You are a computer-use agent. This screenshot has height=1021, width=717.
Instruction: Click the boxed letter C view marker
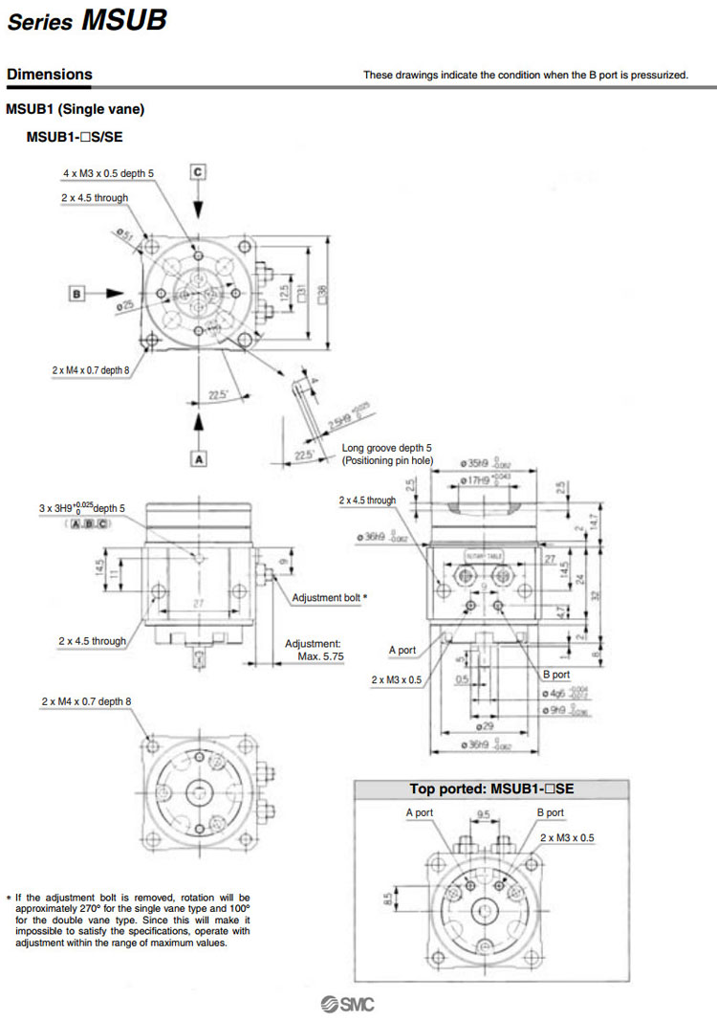(198, 172)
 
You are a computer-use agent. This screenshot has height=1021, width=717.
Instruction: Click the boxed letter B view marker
(76, 293)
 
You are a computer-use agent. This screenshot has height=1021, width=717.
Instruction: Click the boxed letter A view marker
(199, 458)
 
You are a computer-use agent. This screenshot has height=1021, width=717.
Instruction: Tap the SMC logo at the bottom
(348, 1004)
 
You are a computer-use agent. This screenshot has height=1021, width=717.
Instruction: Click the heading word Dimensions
(49, 74)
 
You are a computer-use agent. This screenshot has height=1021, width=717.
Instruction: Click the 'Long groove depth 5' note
(386, 448)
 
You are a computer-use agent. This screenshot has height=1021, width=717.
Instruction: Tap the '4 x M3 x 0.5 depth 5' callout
(108, 173)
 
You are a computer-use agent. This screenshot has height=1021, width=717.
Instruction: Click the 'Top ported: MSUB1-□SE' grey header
(491, 789)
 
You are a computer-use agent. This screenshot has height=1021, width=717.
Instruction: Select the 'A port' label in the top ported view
(420, 812)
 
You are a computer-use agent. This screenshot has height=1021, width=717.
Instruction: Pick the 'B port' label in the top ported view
(550, 812)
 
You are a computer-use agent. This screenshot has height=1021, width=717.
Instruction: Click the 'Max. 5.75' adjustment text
(320, 656)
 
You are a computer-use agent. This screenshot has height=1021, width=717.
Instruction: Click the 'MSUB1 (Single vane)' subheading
(75, 110)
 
